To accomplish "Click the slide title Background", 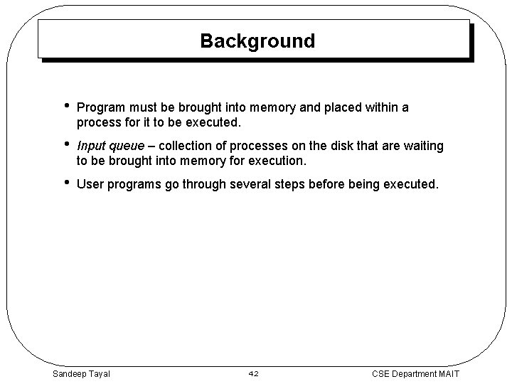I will (x=257, y=41).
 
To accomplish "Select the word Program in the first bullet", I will (x=100, y=108).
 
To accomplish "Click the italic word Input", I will (x=91, y=146).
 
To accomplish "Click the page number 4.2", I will (x=255, y=373).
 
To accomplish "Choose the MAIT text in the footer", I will (x=449, y=373).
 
